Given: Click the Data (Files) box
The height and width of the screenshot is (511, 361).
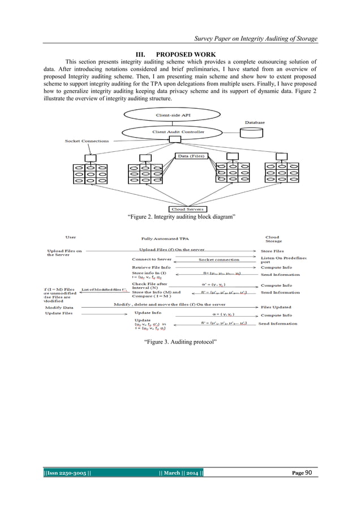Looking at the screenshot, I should coord(192,156).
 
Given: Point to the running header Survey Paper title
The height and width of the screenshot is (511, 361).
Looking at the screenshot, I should coord(256,39).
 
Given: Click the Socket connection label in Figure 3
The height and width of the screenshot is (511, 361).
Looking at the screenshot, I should coord(218,259).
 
